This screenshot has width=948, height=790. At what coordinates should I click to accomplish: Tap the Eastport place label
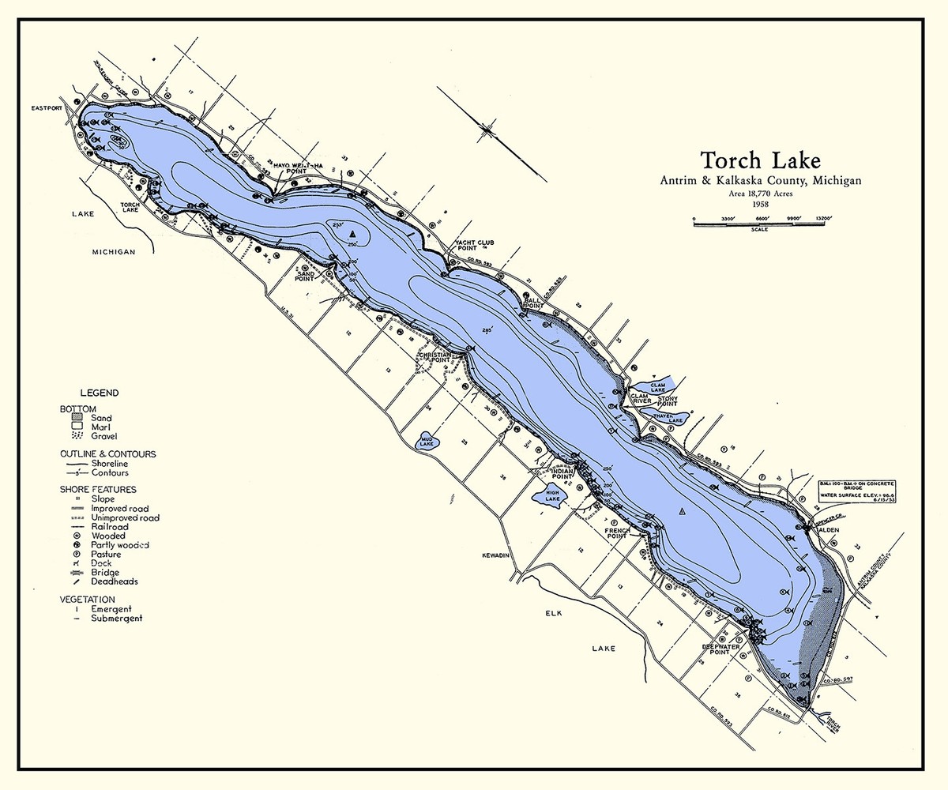[46, 107]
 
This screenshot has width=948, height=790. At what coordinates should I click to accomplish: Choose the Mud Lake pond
[428, 442]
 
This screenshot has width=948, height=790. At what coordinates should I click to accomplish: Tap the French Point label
[616, 534]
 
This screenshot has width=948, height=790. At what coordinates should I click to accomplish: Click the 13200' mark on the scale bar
[825, 219]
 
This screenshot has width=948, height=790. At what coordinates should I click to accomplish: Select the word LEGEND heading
[99, 393]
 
